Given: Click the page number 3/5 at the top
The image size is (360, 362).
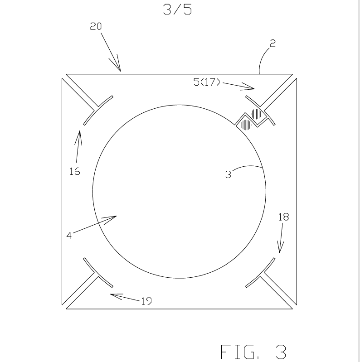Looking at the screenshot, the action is (177, 10).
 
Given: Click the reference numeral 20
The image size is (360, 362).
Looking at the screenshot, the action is (96, 26).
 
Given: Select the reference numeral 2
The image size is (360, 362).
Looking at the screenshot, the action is (272, 43).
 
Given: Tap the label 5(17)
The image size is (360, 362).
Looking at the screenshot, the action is (207, 82).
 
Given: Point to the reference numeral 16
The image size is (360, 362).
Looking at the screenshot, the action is (75, 172).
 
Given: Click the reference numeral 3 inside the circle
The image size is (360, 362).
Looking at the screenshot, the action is (229, 174).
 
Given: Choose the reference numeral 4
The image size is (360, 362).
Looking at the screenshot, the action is (69, 236).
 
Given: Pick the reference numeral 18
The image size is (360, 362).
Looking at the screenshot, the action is (283, 217).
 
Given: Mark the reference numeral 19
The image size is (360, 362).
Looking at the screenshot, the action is (146, 301).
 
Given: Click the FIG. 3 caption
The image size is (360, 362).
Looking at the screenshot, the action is (253, 352).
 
